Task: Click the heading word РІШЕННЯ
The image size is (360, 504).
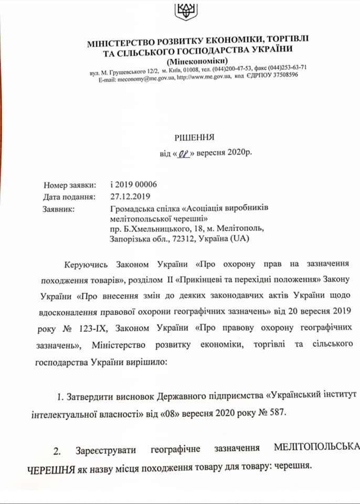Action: point(194,138)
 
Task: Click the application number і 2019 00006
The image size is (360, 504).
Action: point(134,185)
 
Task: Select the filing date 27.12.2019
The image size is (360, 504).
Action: point(130,197)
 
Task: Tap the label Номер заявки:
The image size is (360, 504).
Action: point(70,185)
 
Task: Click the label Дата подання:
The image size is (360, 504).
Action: point(69,197)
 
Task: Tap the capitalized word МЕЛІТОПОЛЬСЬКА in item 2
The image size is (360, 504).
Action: point(317,448)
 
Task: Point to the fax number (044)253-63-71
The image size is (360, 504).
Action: point(288,68)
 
